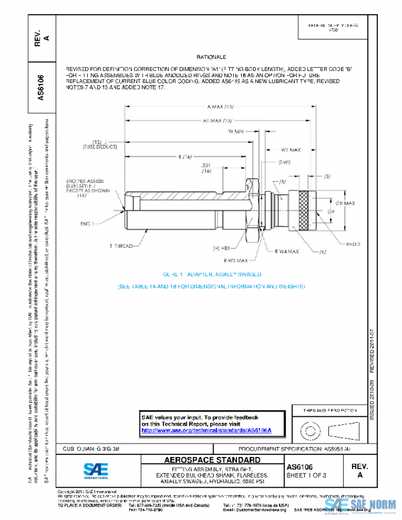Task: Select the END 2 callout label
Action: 354,245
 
